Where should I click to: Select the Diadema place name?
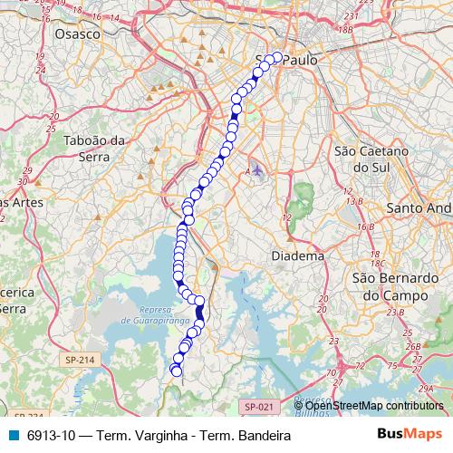pos(298,256)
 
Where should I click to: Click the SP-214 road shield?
pos(80,361)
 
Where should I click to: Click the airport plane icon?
pos(258,169)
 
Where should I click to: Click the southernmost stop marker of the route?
pos(177,371)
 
